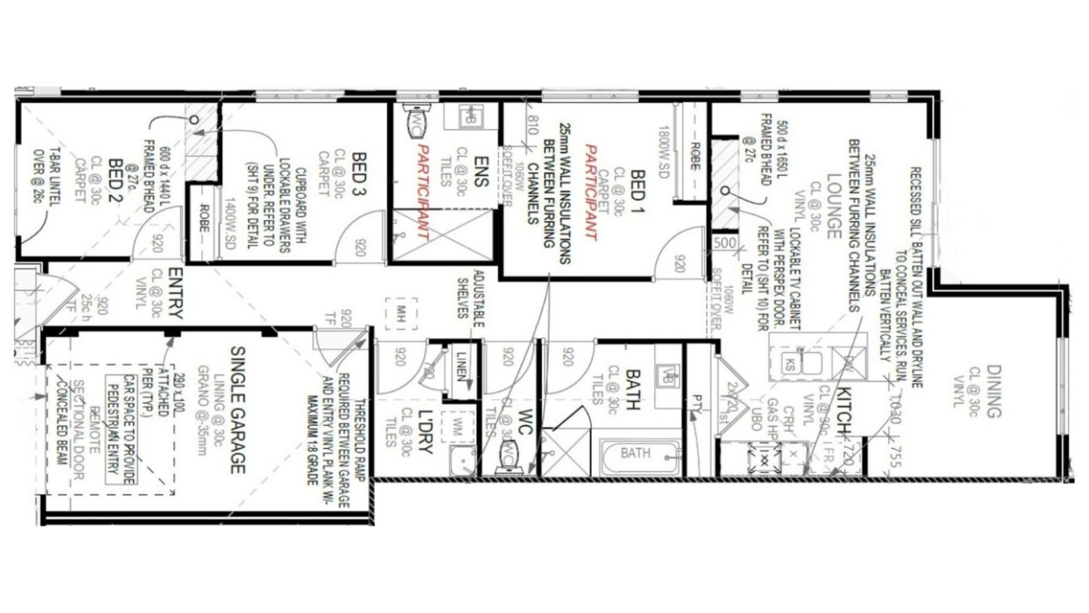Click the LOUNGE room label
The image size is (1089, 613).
834,206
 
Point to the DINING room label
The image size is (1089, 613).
993,392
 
